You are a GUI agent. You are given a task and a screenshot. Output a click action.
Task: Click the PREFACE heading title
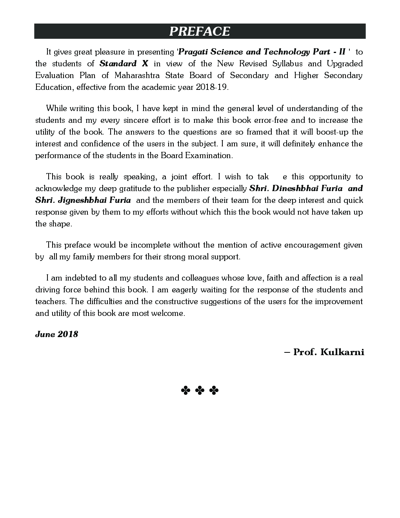199,31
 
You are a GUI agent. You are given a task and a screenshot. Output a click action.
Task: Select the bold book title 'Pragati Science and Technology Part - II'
262,52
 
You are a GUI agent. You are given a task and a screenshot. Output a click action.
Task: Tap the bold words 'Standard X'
124,64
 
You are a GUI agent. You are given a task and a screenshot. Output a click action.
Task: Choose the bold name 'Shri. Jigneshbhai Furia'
83,200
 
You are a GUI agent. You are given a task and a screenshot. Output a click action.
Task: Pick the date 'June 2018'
56,334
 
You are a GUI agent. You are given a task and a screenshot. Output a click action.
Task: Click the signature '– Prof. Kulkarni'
324,352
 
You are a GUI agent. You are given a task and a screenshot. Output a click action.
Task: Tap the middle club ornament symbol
200,390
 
